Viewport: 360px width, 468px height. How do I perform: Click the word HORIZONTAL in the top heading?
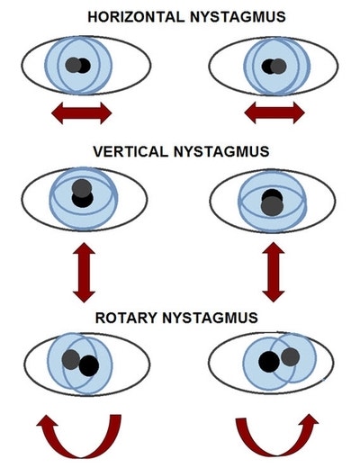coord(136,17)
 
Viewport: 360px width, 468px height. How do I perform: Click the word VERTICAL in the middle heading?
coord(130,151)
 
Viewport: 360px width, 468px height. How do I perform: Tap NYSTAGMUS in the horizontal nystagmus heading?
coord(238,17)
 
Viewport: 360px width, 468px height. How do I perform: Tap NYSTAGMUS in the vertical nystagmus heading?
coord(221,151)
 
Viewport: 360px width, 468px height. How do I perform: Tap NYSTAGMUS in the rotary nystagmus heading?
coord(210,318)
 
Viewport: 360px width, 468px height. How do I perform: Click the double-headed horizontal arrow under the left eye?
coord(82,113)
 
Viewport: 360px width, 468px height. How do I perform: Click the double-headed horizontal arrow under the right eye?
coord(274,112)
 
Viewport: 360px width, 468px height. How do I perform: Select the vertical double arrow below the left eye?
coord(84,273)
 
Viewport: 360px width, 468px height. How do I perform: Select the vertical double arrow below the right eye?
coord(274,272)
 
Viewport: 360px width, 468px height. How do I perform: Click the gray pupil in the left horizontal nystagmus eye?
coord(74,65)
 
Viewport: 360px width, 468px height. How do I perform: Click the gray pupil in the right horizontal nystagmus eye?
coord(279,67)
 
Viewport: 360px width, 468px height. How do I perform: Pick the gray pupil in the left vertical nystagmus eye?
coord(82,188)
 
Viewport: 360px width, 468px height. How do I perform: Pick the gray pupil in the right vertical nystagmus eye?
coord(272,205)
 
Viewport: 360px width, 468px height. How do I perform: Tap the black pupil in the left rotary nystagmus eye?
coord(89,366)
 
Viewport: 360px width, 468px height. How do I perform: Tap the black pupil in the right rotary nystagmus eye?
coord(269,362)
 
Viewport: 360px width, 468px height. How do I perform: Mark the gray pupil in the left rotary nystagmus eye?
coord(71,359)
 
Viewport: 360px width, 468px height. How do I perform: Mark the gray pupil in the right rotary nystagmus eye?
coord(291,356)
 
